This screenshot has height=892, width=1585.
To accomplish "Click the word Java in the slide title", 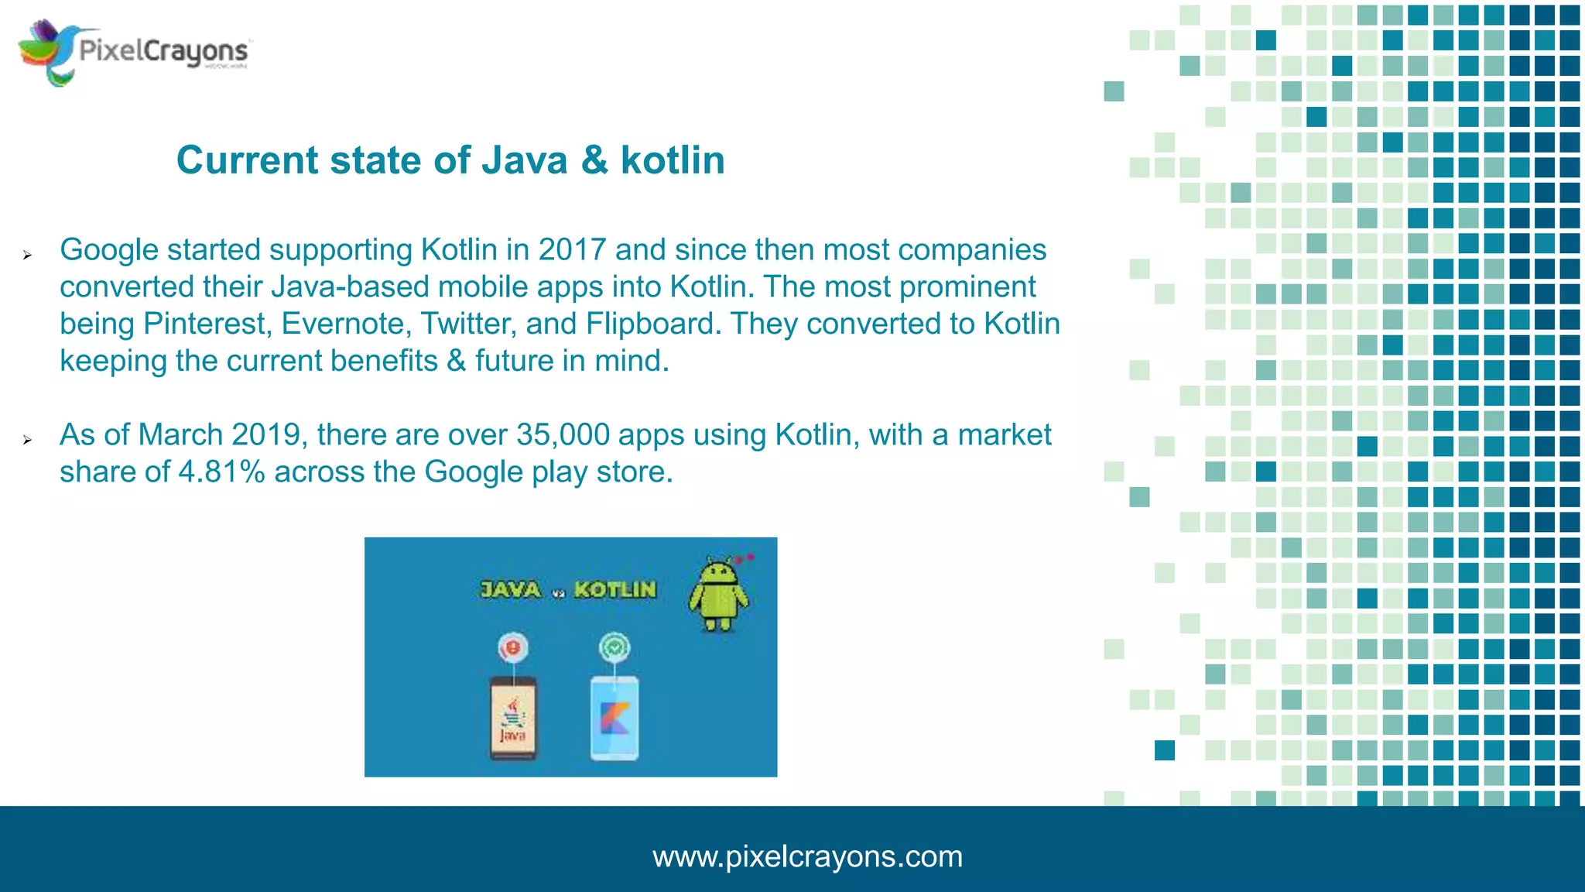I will (x=525, y=161).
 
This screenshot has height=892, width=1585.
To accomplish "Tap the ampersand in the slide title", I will (x=594, y=161).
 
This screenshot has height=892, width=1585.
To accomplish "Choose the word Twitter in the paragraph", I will (x=468, y=324).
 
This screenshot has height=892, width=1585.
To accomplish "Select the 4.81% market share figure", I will (x=221, y=472).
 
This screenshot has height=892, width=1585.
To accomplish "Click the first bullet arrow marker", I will (x=27, y=255).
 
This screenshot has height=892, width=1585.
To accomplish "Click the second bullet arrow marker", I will (x=27, y=440).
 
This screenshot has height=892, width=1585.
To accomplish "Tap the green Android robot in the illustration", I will (x=718, y=595).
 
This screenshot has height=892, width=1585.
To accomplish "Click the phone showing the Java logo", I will (x=512, y=719).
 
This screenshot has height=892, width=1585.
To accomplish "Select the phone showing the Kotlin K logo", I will (x=614, y=719).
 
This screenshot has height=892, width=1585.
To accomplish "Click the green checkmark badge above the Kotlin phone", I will (x=614, y=647).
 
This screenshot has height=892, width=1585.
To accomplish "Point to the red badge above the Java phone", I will (x=512, y=647).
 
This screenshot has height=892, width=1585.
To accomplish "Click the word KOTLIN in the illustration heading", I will (x=615, y=590).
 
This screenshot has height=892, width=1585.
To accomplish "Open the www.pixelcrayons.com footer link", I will (x=807, y=857).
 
